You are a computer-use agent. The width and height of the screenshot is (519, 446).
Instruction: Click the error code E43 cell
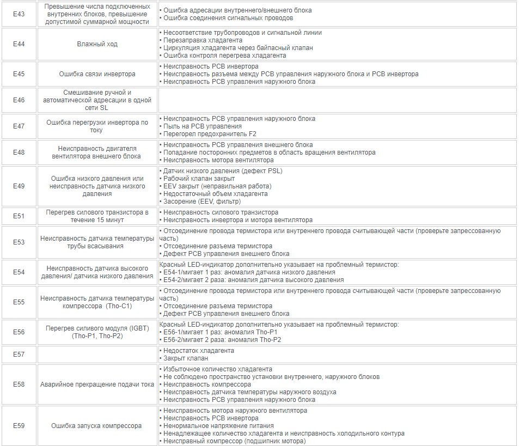point(19,14)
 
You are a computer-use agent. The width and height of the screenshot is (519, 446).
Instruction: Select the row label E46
point(19,100)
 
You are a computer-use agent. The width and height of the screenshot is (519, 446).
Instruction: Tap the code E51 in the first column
point(19,216)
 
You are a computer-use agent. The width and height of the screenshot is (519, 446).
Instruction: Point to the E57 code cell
point(19,355)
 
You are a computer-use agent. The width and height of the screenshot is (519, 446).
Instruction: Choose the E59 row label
point(19,426)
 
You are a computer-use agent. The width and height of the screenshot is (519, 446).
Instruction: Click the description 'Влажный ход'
point(97,44)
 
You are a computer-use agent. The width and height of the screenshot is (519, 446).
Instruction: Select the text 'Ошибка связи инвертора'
point(97,74)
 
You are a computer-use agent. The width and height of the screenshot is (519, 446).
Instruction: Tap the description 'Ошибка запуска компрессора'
point(97,426)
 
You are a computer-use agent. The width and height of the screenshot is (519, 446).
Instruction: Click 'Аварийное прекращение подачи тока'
point(97,384)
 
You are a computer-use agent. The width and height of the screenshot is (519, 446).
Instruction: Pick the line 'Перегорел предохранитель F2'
point(210,134)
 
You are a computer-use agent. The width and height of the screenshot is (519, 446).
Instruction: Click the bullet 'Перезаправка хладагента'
point(203,40)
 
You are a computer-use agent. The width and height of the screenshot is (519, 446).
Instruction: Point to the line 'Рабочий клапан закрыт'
point(199,179)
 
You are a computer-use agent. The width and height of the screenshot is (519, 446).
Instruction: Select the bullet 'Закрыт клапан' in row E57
point(185,358)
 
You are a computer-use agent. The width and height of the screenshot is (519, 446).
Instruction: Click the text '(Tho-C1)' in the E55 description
point(119,306)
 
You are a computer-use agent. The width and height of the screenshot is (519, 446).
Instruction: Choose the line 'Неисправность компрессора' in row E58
point(207,384)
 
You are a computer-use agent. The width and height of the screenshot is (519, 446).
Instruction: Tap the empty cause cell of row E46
point(337,100)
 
